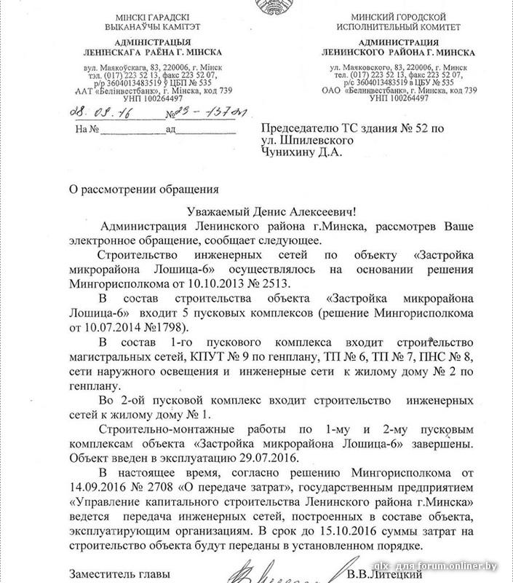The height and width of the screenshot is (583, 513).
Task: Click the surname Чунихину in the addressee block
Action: pos(291,152)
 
